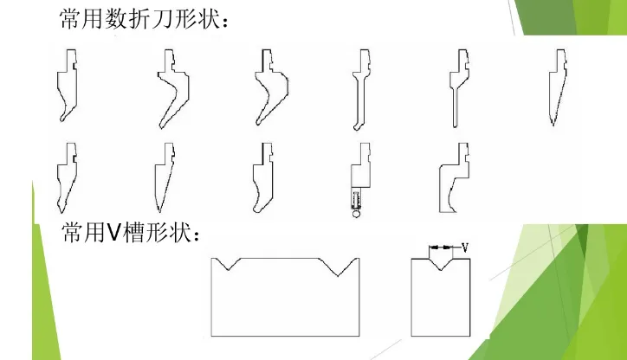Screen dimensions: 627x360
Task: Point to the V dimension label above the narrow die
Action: (x=465, y=248)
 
